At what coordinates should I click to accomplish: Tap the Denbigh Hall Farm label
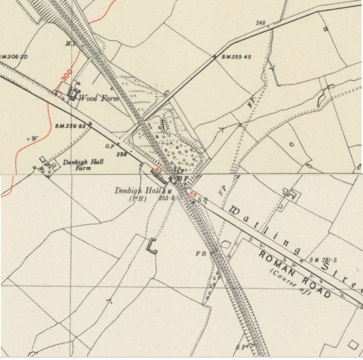80,165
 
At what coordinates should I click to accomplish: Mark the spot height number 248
261,23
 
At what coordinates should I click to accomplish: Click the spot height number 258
121,153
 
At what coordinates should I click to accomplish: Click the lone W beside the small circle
35,138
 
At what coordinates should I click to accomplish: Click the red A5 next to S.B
193,194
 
